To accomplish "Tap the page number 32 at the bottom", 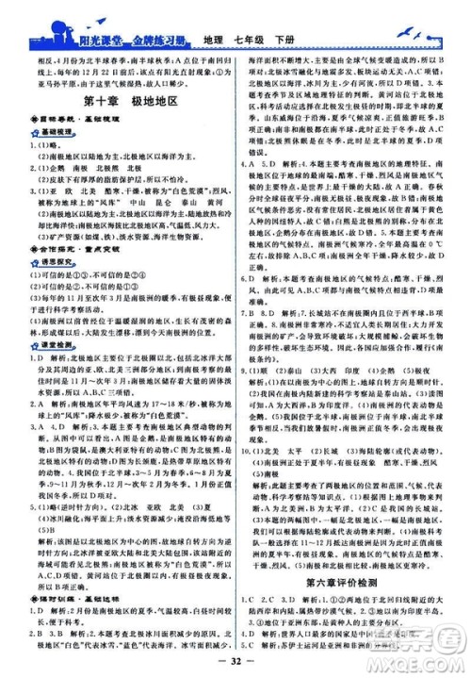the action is (235, 666).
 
